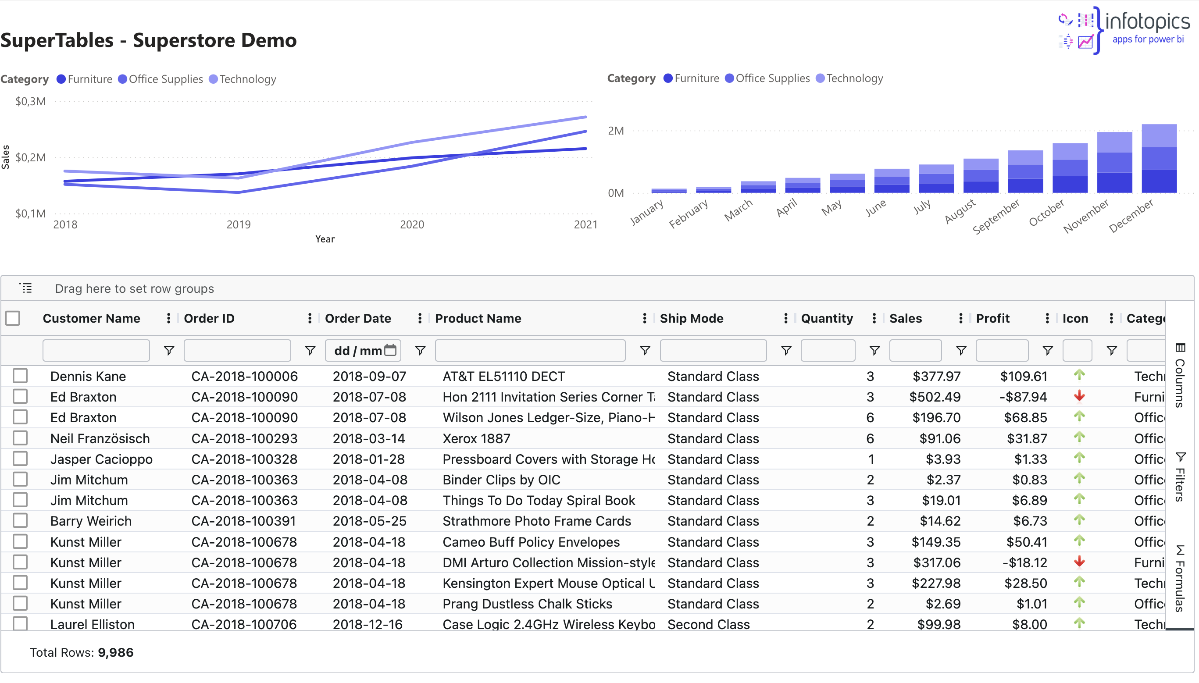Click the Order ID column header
209,319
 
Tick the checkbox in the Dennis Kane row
20,376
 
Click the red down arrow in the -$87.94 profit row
1079,396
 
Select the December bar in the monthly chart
1159,160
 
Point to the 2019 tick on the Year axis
239,225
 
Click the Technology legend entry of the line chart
243,79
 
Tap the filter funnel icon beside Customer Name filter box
169,350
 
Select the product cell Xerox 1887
476,439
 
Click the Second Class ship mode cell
708,624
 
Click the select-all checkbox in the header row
13,319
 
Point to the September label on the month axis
996,217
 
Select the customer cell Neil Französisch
100,439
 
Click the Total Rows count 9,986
115,652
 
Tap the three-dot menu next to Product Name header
644,319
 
